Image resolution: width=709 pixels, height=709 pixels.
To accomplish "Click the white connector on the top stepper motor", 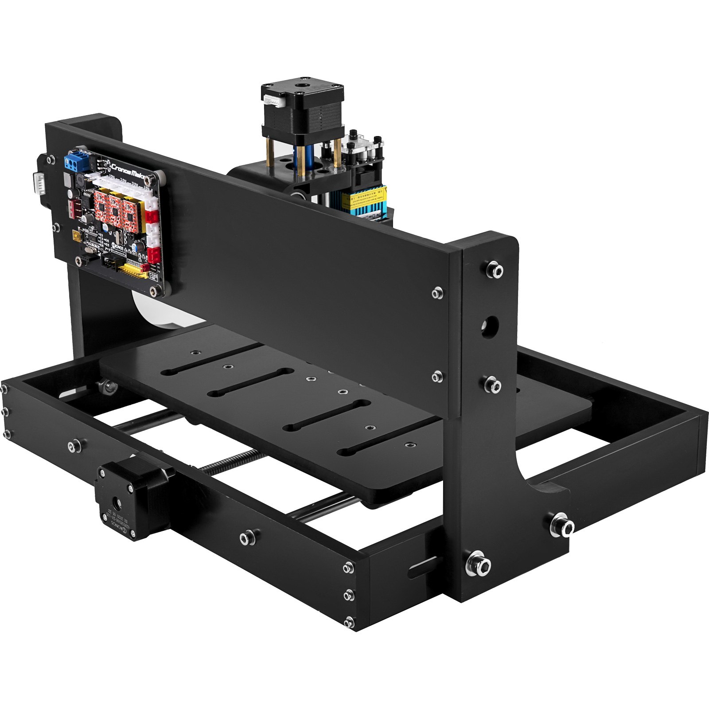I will click(274, 101).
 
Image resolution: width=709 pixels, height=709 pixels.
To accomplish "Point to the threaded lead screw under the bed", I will click(230, 461).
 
